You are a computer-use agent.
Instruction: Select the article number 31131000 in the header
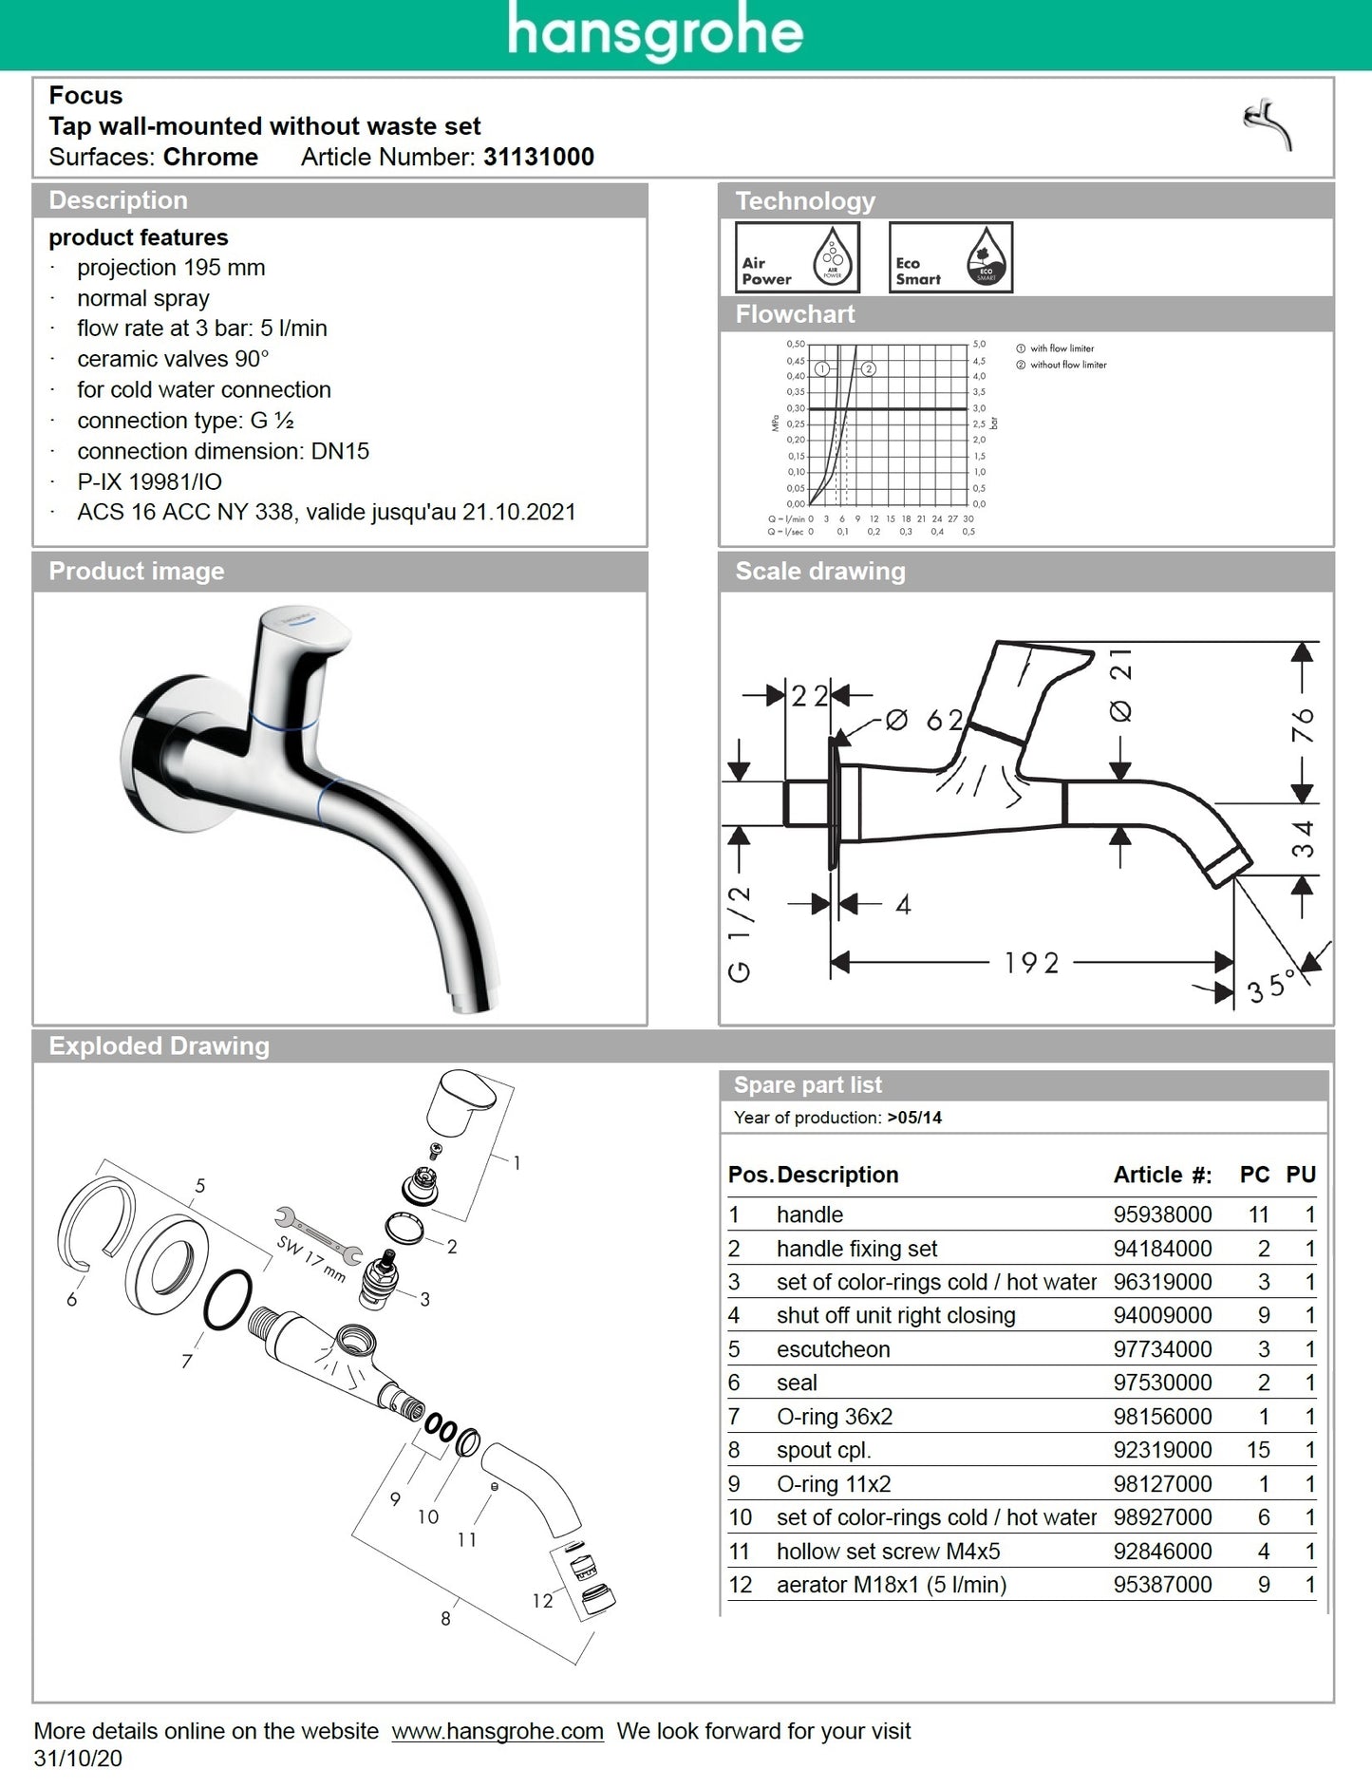click(538, 157)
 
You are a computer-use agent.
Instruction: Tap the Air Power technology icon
click(797, 257)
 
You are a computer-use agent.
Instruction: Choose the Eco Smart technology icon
click(950, 257)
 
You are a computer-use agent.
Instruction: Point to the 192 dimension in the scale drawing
click(1031, 964)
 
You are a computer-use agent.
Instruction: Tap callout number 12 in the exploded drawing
click(542, 1601)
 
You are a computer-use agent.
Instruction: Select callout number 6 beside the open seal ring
click(72, 1299)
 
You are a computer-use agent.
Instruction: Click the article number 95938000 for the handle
click(1162, 1214)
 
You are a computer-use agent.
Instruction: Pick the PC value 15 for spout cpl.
click(1258, 1450)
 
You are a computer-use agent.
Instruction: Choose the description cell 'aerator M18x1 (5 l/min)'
click(891, 1585)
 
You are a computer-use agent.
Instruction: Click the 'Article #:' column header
click(1162, 1175)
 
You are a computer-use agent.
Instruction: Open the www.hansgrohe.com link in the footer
click(498, 1731)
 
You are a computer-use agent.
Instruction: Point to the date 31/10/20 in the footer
click(78, 1759)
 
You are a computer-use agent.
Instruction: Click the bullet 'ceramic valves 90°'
click(173, 359)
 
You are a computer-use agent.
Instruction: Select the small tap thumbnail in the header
click(1269, 124)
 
